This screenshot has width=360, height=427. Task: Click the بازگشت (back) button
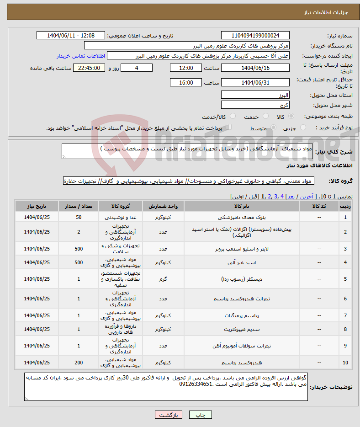pos(169,415)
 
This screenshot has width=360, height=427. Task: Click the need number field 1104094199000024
pos(255,36)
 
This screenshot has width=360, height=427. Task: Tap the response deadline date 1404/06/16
pos(255,68)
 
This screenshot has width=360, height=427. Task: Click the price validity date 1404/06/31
pos(255,83)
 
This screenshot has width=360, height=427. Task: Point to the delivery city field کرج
pos(255,105)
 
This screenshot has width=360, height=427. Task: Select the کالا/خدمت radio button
pos(233,117)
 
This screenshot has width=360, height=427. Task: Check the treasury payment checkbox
pos(229,128)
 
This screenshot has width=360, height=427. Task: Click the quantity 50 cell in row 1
pos(79,217)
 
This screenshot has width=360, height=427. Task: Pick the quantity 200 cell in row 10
pos(79,363)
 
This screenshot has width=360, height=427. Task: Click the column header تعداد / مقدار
pos(79,206)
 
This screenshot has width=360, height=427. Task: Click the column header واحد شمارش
pos(163,206)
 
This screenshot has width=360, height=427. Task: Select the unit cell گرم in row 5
pos(163,279)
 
